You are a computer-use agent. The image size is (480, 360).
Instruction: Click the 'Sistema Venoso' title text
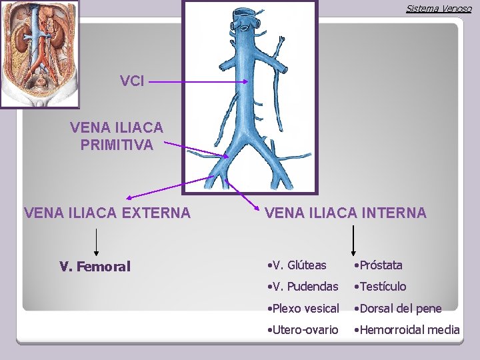point(438,9)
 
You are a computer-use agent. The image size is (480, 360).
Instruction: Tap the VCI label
point(131,81)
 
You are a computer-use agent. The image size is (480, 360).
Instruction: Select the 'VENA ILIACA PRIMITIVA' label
point(117,135)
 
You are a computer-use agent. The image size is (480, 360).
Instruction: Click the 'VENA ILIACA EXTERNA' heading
point(107,213)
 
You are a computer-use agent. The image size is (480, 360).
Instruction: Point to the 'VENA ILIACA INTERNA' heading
point(345,213)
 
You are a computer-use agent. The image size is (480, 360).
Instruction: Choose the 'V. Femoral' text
point(95,267)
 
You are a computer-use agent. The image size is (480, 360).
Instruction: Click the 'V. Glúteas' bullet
point(296,265)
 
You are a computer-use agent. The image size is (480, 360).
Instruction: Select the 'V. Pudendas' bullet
point(301,287)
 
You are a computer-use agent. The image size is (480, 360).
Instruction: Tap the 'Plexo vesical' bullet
point(302,308)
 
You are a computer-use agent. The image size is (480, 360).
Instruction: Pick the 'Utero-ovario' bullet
point(301,329)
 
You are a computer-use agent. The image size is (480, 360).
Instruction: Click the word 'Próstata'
point(380,265)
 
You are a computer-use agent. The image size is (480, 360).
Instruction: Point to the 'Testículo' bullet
point(381,287)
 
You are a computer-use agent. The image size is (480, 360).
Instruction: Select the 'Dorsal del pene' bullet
point(399,308)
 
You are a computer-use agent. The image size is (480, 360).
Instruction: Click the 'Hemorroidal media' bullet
point(408,329)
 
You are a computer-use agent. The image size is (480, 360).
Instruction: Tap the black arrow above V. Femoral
point(97,242)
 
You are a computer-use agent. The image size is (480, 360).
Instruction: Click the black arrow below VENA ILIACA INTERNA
point(353,240)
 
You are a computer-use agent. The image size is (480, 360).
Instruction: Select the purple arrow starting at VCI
point(200,82)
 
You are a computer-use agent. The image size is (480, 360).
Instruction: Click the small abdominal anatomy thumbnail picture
point(39,54)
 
